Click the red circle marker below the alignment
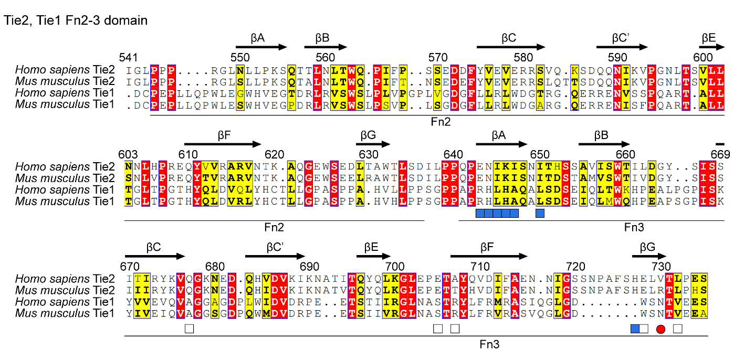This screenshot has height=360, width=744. (661, 329)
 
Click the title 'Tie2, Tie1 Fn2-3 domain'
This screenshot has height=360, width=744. (76, 20)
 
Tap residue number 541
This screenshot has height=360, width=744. (128, 57)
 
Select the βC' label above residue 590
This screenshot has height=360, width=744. (621, 38)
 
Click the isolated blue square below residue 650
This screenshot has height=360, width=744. (540, 213)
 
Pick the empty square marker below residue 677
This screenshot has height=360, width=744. (189, 329)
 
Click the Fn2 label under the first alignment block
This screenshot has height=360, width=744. (441, 122)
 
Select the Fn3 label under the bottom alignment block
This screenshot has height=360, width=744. (489, 344)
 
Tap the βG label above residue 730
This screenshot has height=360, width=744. (647, 247)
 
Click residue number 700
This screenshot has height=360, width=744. (395, 267)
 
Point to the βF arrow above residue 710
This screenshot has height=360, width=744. (489, 256)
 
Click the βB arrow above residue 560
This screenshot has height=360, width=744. (326, 47)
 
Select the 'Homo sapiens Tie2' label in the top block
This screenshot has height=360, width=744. (65, 70)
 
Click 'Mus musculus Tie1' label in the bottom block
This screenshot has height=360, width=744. (65, 313)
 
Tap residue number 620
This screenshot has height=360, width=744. (275, 154)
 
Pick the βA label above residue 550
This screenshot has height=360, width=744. (257, 38)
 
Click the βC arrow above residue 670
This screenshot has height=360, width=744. (155, 256)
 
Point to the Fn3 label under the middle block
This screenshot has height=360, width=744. (634, 227)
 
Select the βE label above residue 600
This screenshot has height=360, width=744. (708, 38)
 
